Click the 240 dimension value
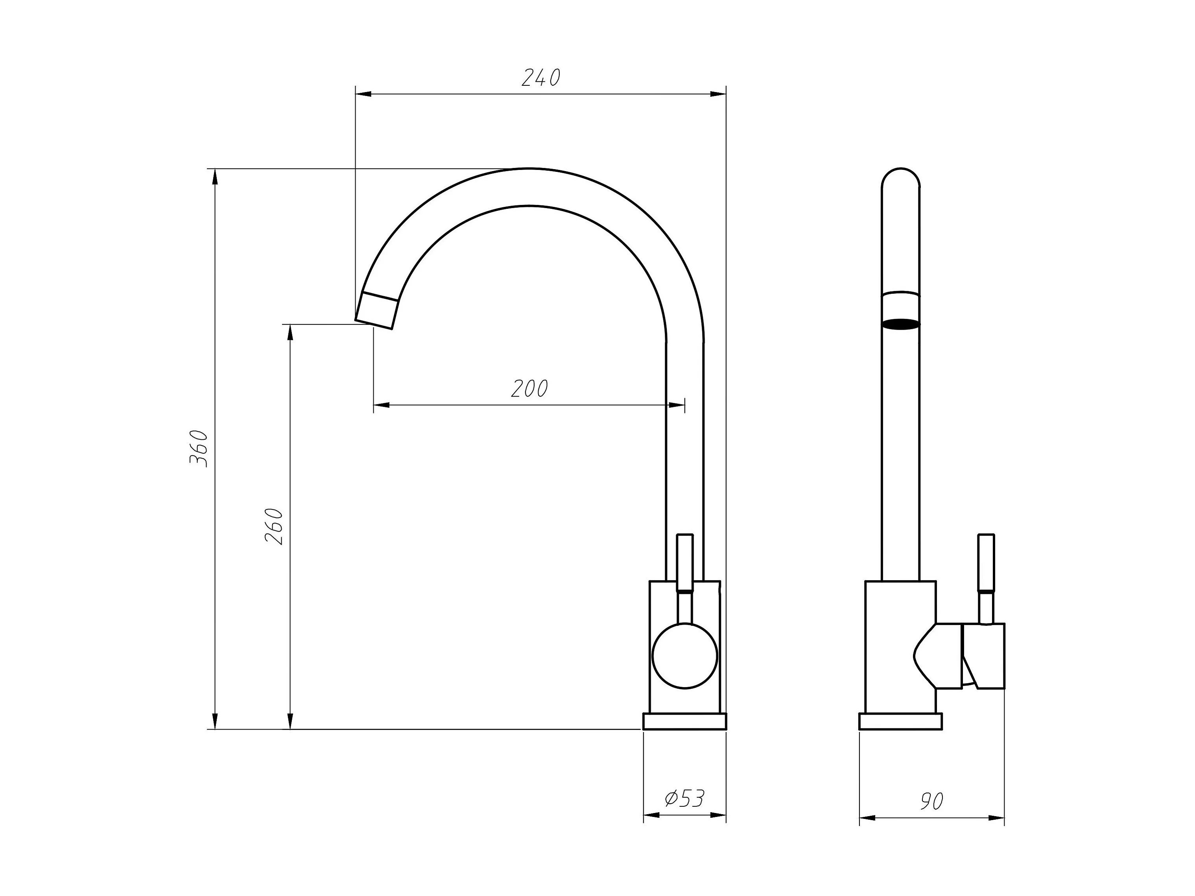click(541, 78)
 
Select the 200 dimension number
click(529, 388)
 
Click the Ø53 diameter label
click(684, 798)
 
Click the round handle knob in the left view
click(685, 656)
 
